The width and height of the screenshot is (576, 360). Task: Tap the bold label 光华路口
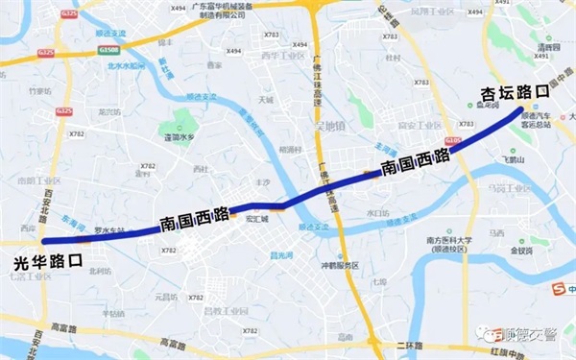48,261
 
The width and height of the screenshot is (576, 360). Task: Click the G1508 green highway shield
108,49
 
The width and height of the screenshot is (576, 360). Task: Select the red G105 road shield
453,142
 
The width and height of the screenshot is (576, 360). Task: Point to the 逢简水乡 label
181,137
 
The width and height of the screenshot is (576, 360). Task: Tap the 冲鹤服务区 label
339,265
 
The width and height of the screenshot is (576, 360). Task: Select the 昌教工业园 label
212,310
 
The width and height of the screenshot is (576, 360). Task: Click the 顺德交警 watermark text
533,334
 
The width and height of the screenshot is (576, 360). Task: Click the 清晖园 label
548,46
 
